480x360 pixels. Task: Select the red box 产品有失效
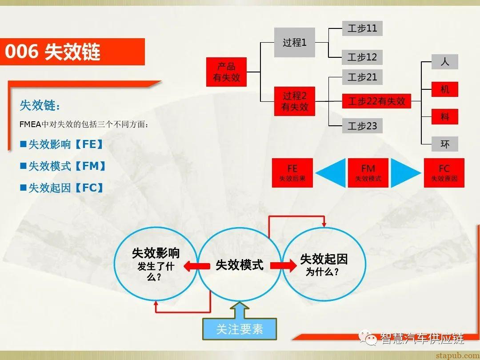click(x=227, y=72)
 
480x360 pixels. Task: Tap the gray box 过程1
click(x=295, y=43)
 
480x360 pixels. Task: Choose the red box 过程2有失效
click(x=295, y=101)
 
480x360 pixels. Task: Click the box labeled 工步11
click(x=362, y=28)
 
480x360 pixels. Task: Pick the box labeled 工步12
click(x=362, y=57)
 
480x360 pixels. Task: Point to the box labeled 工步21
click(x=362, y=77)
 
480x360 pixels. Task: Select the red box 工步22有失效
click(x=376, y=101)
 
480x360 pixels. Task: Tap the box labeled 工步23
click(x=362, y=126)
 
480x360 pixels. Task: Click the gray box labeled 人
click(x=444, y=62)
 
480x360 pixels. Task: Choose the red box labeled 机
click(x=444, y=89)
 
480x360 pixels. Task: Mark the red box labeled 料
click(x=444, y=117)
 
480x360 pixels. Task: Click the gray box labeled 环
click(x=444, y=144)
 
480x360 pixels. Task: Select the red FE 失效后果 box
click(x=292, y=172)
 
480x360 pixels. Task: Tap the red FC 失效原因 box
click(x=444, y=172)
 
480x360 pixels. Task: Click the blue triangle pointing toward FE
click(x=332, y=172)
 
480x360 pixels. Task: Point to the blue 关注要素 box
click(x=240, y=329)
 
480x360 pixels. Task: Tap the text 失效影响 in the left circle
click(x=156, y=253)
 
